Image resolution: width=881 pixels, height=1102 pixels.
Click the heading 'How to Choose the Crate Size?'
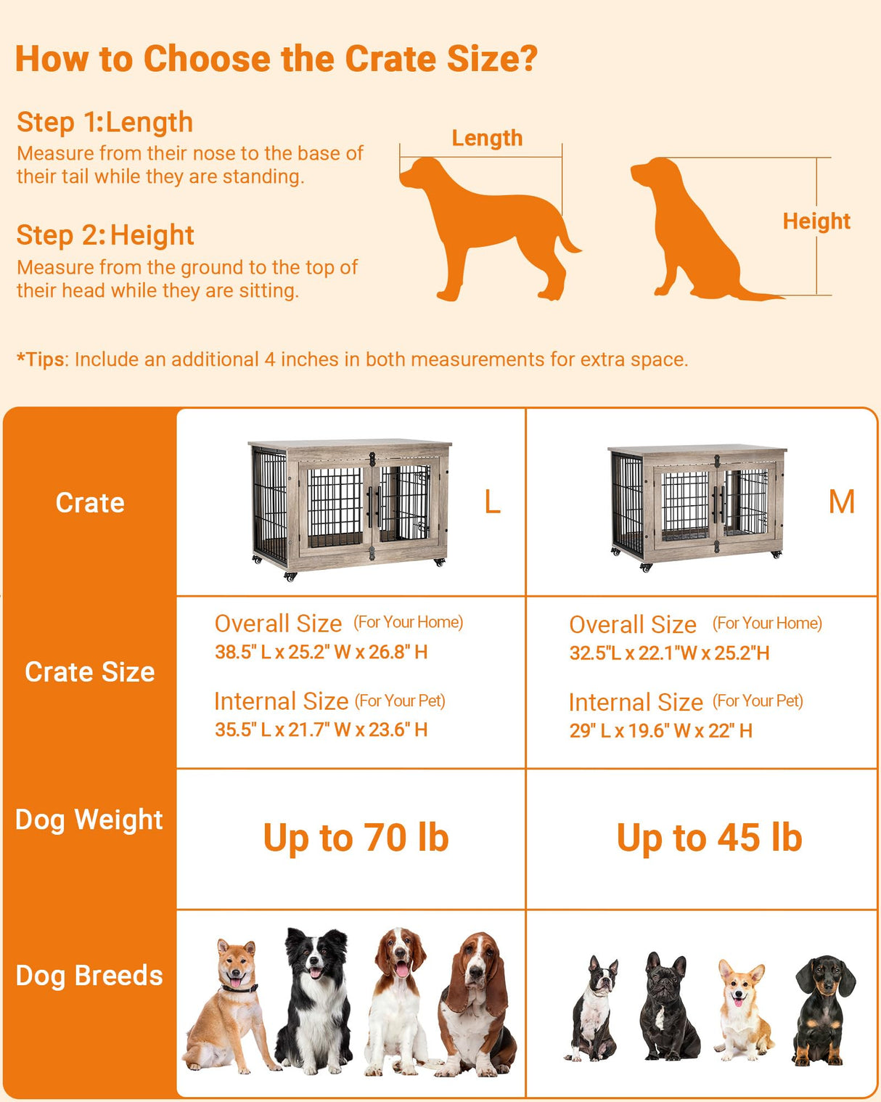pos(276,59)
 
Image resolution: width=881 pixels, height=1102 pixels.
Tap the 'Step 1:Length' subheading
pos(105,122)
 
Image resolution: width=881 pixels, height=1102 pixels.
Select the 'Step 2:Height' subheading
pos(105,235)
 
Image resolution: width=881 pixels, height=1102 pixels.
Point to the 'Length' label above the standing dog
pos(487,138)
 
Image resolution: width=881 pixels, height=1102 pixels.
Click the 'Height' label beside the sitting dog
pos(816,221)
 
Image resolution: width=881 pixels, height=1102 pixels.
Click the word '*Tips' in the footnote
pos(41,359)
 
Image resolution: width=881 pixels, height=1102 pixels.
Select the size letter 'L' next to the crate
pos(492,502)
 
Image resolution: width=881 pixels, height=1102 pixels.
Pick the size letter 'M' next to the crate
pos(841,502)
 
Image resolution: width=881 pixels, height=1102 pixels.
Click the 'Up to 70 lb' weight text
pos(356,838)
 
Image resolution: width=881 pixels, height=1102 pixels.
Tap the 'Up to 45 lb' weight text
pos(709,838)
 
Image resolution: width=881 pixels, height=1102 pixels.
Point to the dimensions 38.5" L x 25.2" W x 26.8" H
pos(321,652)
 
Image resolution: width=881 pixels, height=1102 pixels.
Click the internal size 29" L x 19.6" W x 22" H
pos(660,730)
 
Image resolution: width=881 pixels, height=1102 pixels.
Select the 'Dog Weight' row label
pos(89,820)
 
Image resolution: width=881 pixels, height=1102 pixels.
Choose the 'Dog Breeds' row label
pos(89,976)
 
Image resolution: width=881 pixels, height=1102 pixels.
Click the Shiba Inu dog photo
pos(229,1005)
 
